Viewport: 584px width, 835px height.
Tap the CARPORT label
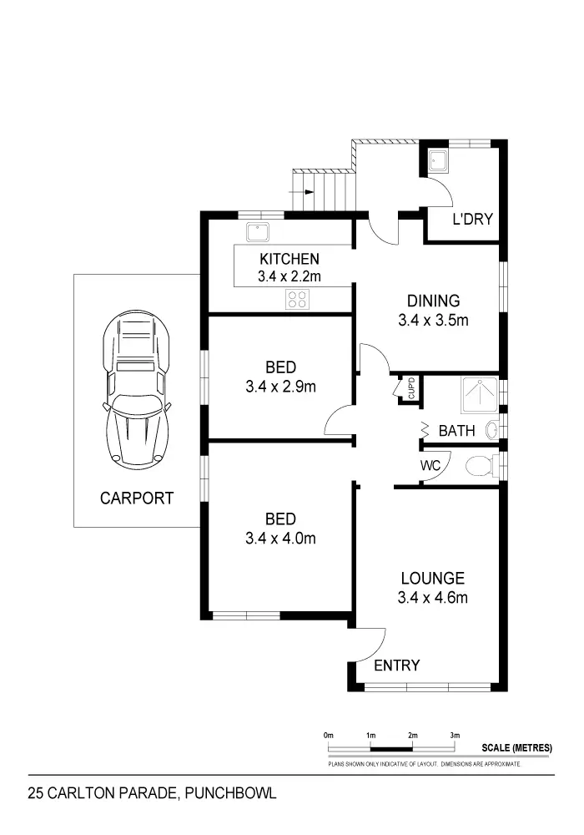137,498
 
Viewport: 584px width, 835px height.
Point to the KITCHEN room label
289,258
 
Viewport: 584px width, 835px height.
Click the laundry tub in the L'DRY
437,162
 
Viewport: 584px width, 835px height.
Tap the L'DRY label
472,220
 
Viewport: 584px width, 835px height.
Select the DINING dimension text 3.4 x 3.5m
432,319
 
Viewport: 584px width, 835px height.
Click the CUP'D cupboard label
410,389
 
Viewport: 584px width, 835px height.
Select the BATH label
456,432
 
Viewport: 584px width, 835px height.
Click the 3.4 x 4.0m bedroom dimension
280,539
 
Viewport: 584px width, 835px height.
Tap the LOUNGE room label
432,578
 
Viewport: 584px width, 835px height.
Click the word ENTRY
396,665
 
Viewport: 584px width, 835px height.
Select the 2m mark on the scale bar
412,735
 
